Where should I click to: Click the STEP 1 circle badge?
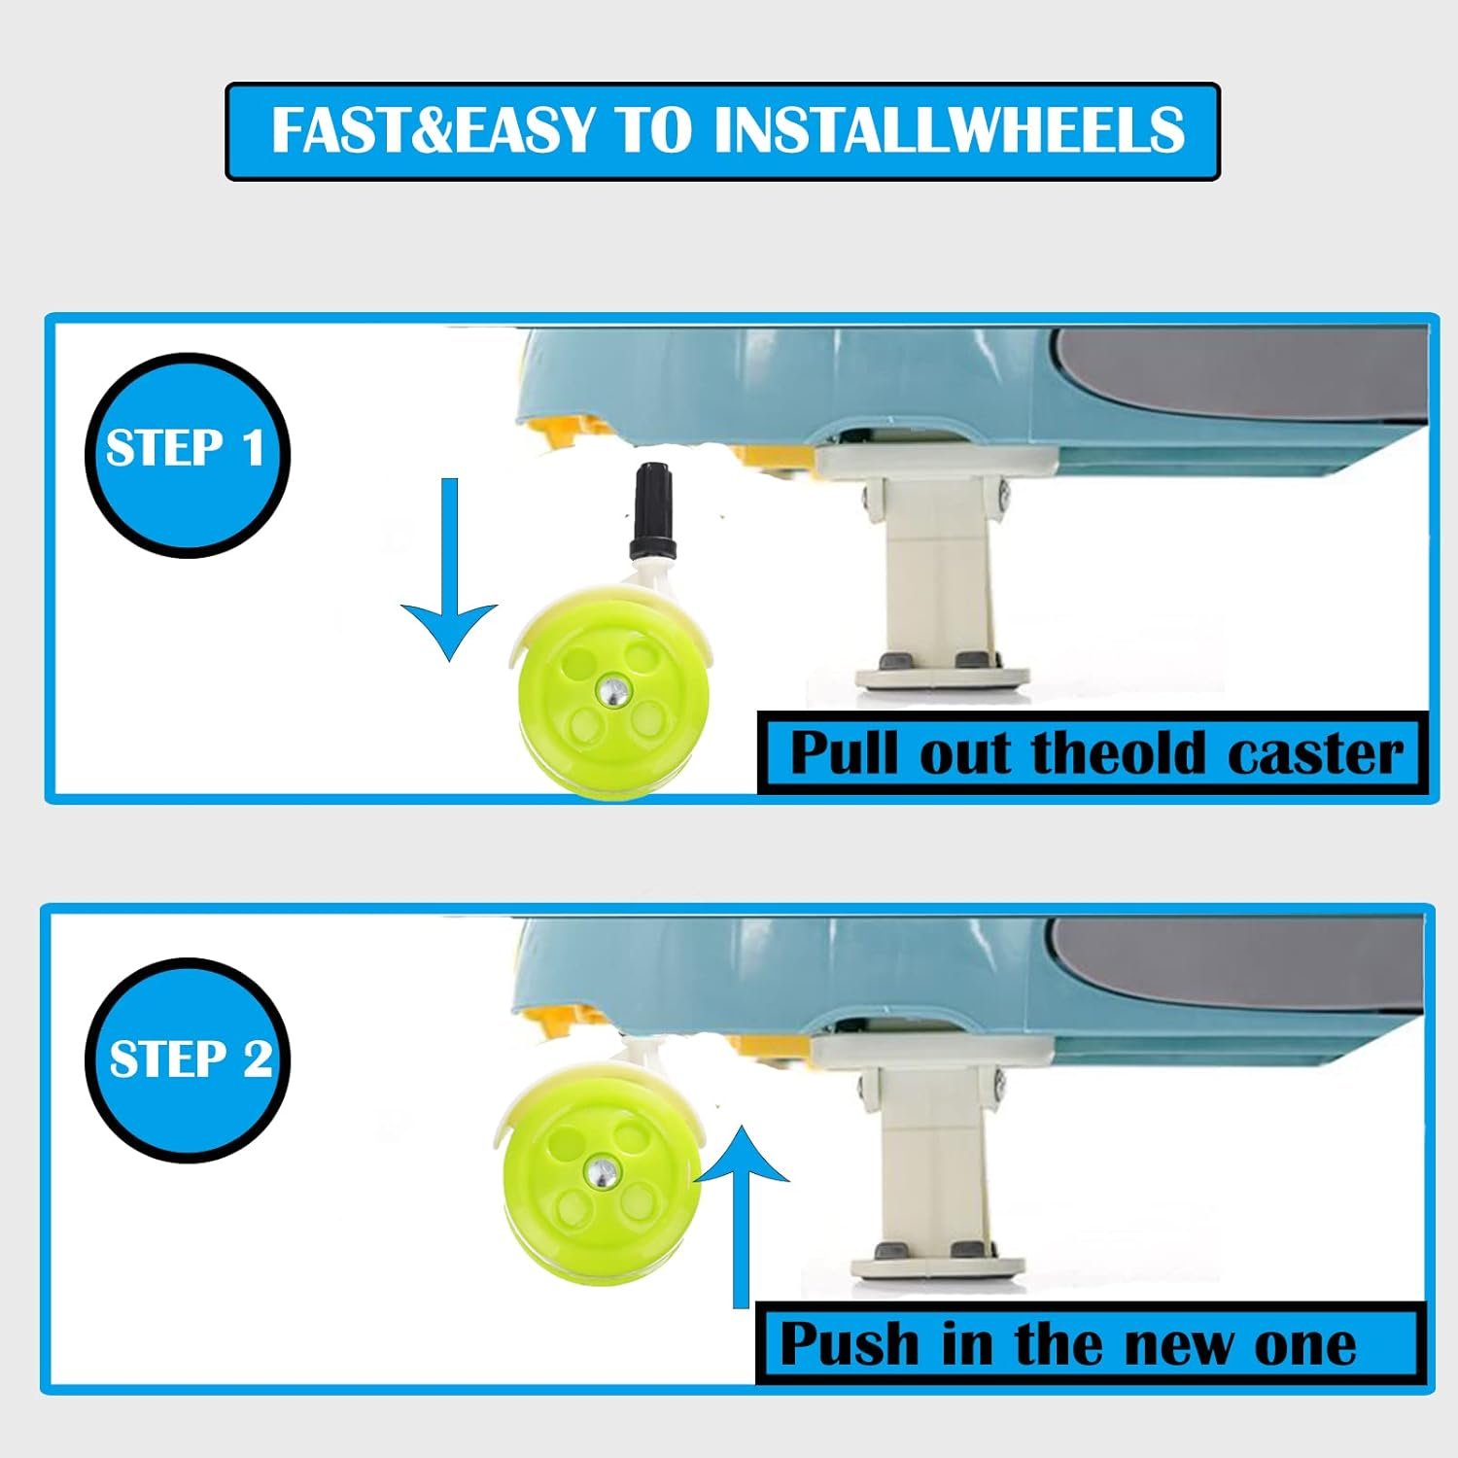pyautogui.click(x=188, y=455)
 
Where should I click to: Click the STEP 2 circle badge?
pyautogui.click(x=188, y=1059)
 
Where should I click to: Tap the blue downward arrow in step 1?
pyautogui.click(x=448, y=570)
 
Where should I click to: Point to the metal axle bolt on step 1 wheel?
pyautogui.click(x=612, y=692)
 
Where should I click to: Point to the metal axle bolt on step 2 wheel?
pyautogui.click(x=600, y=1172)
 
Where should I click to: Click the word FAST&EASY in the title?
pyautogui.click(x=433, y=130)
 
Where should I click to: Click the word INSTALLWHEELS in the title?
pyautogui.click(x=950, y=130)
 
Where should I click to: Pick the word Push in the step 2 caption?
pyautogui.click(x=850, y=1344)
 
